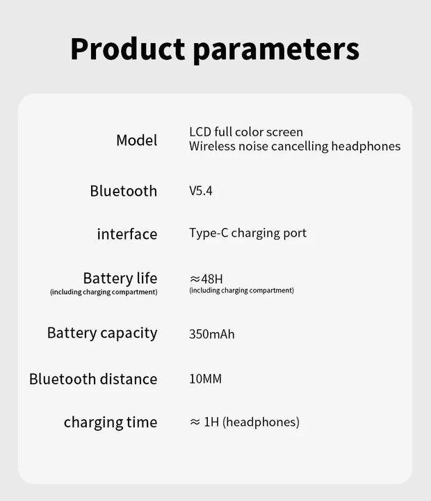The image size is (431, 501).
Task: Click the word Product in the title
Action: (128, 49)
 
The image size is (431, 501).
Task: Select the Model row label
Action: (136, 140)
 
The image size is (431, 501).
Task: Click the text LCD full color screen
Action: (246, 131)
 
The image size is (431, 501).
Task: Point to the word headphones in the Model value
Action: (366, 146)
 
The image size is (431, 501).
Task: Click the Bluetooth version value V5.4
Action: (201, 191)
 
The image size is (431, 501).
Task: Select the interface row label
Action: (127, 234)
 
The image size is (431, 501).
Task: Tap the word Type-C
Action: (209, 233)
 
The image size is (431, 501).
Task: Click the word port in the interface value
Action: (294, 233)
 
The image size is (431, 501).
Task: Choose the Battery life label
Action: (120, 278)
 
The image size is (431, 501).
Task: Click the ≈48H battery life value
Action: (206, 279)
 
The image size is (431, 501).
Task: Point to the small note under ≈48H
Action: (241, 290)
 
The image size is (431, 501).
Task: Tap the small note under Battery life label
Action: (104, 292)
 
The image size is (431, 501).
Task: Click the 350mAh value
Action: (211, 334)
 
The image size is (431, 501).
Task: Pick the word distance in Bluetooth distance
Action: (128, 379)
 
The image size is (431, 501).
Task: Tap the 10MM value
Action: (205, 379)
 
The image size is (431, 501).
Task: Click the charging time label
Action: (111, 422)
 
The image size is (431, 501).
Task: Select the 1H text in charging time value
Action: (211, 422)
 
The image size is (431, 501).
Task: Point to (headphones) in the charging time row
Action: (261, 422)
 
